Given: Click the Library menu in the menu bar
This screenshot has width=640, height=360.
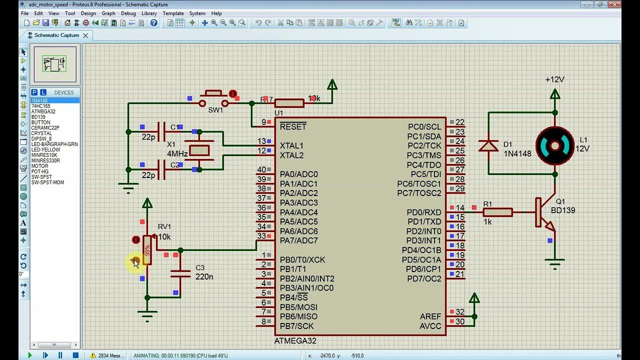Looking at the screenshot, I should pos(149,13).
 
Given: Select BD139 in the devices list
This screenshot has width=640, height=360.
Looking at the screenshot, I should pos(38,117).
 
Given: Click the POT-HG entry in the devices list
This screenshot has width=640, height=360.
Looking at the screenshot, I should pos(40,171).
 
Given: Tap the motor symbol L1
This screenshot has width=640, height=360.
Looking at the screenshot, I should pos(555,146).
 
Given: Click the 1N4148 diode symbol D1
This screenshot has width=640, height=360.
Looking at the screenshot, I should pos(488,145).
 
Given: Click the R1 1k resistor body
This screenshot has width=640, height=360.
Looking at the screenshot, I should pos(497,212).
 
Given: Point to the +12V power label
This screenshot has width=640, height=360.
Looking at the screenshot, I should pos(554,79).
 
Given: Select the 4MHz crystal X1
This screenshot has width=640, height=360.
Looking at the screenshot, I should pos(199,150).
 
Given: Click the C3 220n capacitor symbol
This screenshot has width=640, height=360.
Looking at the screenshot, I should pos(180,273).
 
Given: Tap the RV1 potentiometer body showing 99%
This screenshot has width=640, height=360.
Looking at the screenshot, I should pos(147,250).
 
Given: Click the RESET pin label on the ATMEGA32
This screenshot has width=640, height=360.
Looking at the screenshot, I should pos(293,126).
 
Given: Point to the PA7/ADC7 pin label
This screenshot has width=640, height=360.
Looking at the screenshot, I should pos(298,240).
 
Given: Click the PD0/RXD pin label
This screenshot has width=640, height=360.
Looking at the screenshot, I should pos(424,212).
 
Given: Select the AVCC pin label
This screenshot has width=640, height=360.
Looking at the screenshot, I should pos(430,326).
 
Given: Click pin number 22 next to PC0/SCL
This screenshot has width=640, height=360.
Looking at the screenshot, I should pos(459,122).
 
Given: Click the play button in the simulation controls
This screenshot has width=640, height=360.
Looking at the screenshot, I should pos(29,355).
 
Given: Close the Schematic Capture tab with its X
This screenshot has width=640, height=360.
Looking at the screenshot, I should pos(85,35).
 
